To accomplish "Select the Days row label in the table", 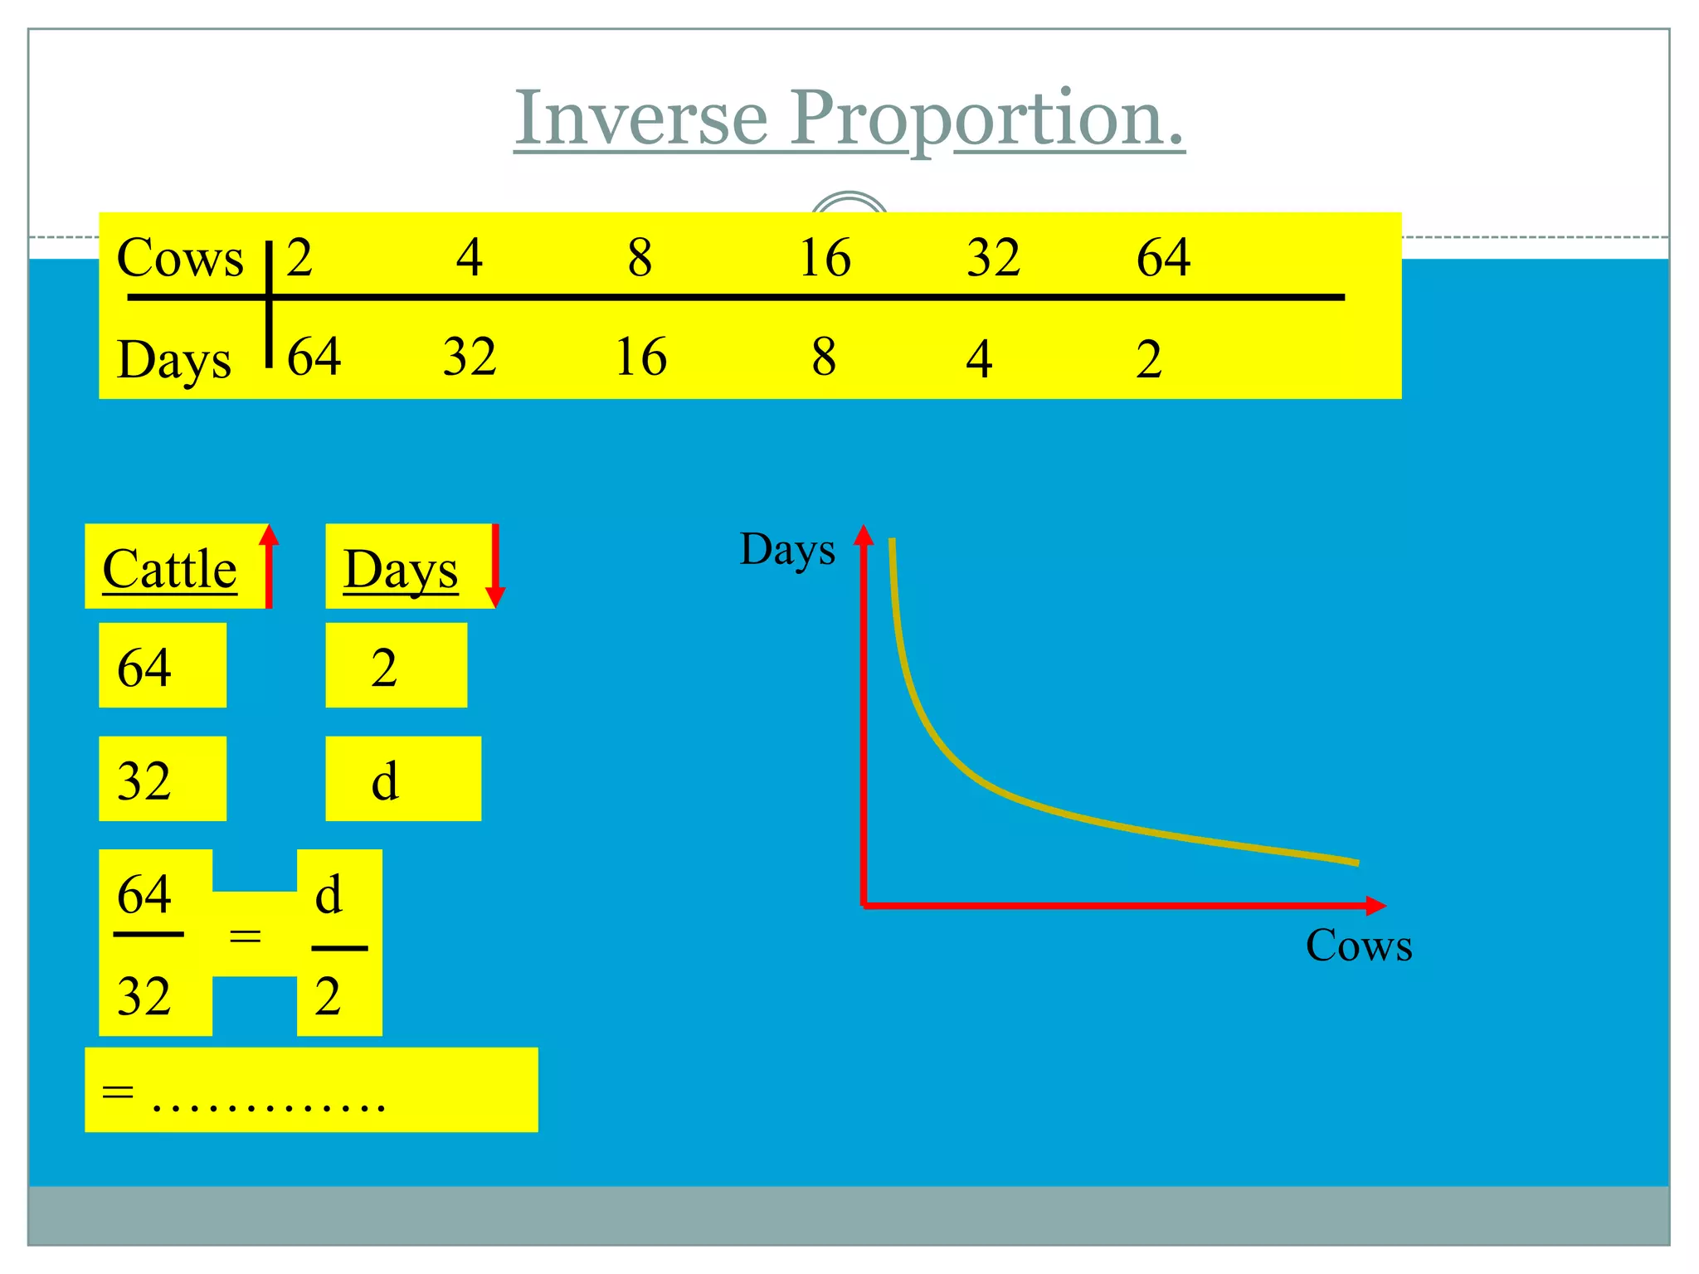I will tap(174, 360).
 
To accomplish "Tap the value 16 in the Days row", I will tap(640, 357).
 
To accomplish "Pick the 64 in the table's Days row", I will tap(314, 357).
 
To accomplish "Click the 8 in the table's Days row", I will tap(823, 357).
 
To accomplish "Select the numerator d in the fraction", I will tap(329, 895).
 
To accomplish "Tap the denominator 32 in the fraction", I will tap(144, 996).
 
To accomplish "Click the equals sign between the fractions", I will tap(245, 936).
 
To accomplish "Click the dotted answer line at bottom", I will tap(269, 1101).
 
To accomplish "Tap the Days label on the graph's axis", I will tap(787, 549).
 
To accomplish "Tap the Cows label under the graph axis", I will tap(1358, 946).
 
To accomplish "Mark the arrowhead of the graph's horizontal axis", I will tap(1376, 906).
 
